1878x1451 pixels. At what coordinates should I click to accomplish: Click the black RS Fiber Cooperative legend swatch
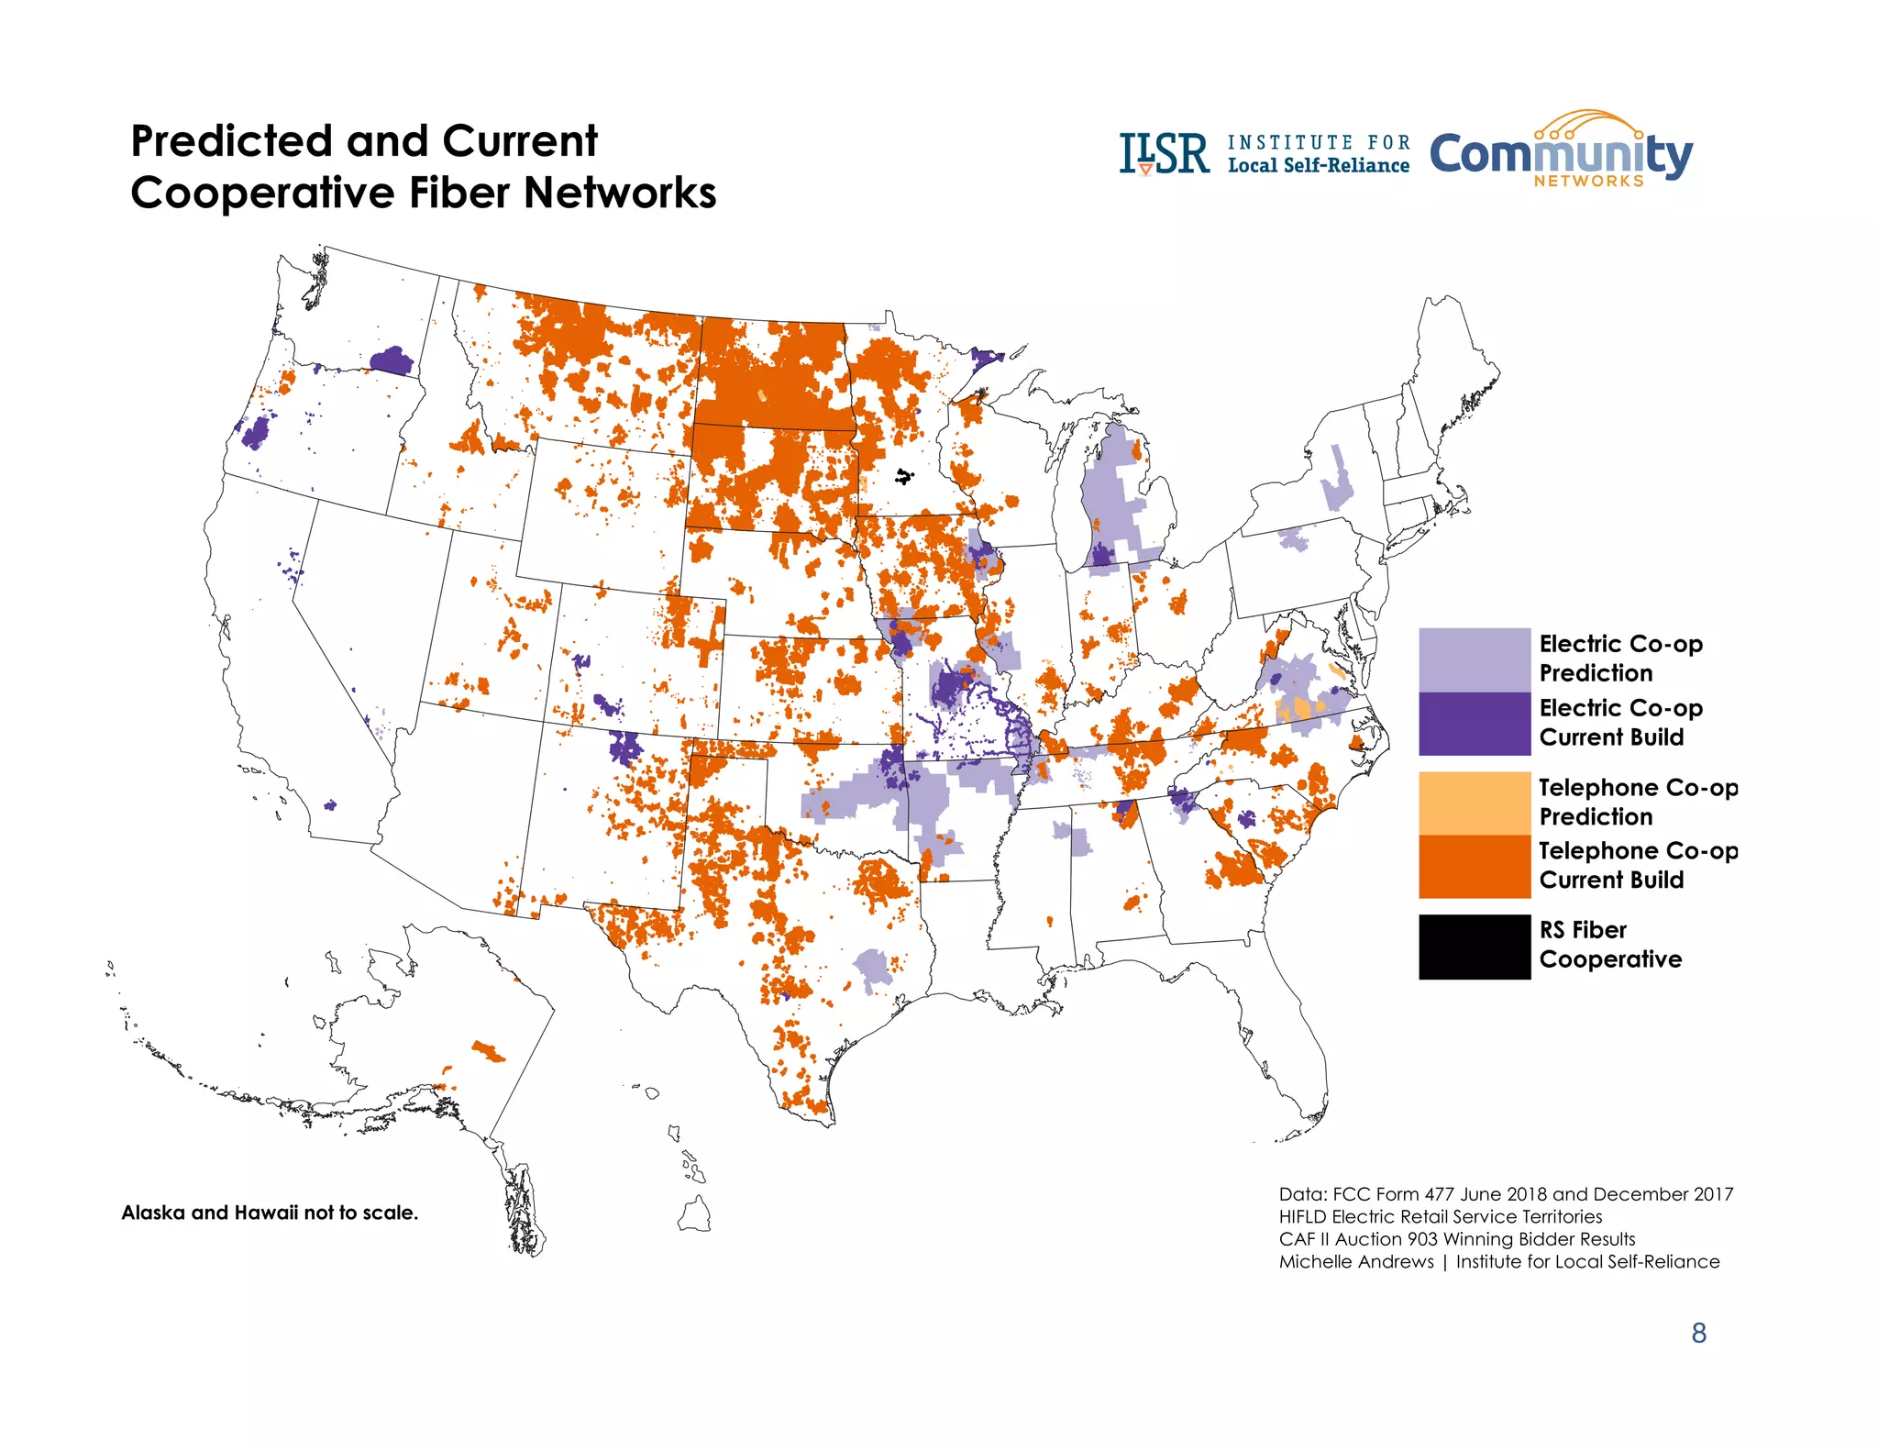(x=1474, y=946)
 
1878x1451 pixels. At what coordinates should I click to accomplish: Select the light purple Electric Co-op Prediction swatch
(x=1474, y=659)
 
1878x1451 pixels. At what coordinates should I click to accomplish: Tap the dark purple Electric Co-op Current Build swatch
(x=1474, y=723)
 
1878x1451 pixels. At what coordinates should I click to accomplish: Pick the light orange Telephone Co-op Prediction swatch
(x=1474, y=803)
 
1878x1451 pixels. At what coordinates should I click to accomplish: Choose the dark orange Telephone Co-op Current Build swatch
(x=1474, y=866)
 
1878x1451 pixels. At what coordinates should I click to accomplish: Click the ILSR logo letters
(x=1164, y=154)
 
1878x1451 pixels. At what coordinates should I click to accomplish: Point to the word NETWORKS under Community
(x=1588, y=182)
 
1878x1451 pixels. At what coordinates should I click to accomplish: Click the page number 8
(x=1698, y=1333)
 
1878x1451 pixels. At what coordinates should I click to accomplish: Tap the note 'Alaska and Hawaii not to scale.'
(x=270, y=1213)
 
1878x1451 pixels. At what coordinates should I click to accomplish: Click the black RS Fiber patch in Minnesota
(x=904, y=476)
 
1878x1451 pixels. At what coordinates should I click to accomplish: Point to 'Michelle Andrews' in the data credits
(x=1355, y=1262)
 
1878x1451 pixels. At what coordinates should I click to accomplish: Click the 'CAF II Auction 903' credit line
(x=1456, y=1239)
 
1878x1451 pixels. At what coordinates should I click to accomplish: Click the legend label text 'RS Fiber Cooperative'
(x=1609, y=945)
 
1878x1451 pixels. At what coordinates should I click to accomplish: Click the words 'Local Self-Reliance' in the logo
(x=1318, y=166)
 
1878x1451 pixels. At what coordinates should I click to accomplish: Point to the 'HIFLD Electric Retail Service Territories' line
(x=1440, y=1217)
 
